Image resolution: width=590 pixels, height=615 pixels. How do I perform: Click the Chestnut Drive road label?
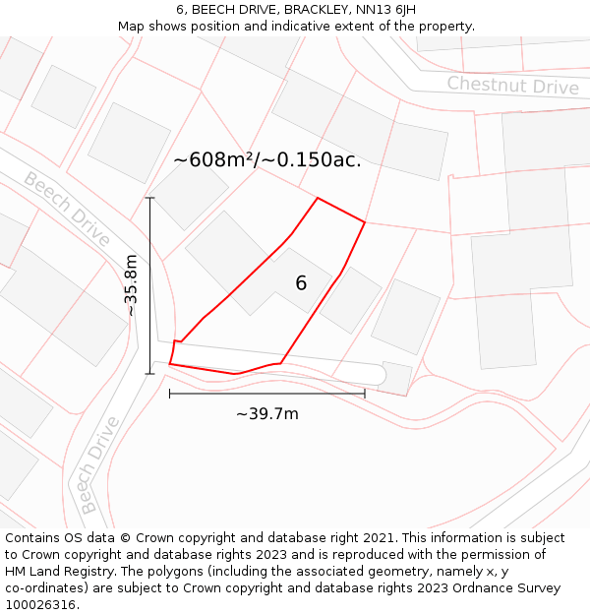click(512, 86)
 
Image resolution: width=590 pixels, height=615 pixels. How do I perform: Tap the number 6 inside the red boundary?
click(301, 283)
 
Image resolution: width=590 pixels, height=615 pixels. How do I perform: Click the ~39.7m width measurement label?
click(266, 414)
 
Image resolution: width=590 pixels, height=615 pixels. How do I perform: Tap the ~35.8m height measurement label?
click(131, 285)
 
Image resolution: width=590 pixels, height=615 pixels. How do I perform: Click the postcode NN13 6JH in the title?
click(379, 9)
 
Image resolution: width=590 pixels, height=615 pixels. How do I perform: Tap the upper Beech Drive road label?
click(67, 210)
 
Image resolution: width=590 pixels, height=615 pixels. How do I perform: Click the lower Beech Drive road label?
click(98, 464)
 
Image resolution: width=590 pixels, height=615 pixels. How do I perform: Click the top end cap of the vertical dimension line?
click(150, 199)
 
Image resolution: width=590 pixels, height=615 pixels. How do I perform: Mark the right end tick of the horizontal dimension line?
click(365, 394)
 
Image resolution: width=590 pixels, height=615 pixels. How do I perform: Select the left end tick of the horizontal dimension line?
click(170, 394)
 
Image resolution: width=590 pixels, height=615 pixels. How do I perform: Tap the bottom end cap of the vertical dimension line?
click(150, 374)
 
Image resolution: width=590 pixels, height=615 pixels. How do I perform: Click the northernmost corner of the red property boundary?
click(318, 199)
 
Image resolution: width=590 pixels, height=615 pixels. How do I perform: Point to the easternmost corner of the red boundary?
click(365, 222)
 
